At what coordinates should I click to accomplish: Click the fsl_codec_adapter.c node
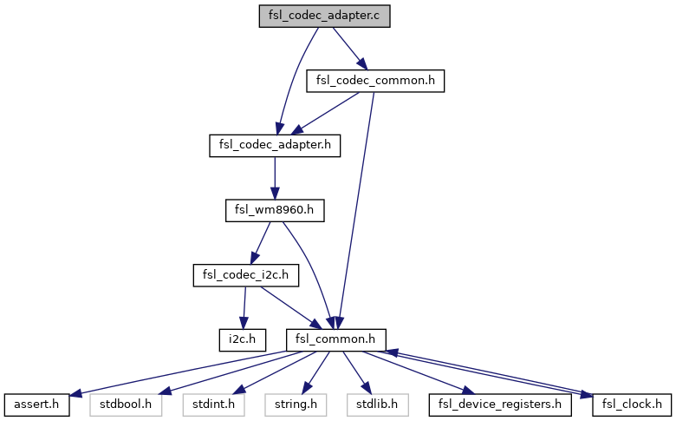tap(324, 16)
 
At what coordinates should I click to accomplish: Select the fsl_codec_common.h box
tap(375, 81)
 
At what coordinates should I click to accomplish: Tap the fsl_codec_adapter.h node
tap(274, 145)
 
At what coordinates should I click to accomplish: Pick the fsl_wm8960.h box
tap(274, 210)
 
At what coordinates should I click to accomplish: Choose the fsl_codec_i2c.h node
tap(245, 275)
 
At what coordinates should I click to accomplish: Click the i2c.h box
tap(240, 339)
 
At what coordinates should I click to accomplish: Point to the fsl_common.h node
tap(335, 339)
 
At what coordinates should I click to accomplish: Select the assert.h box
tap(36, 404)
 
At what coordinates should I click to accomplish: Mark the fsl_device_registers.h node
tap(499, 404)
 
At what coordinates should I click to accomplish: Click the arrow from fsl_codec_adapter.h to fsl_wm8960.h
tap(274, 178)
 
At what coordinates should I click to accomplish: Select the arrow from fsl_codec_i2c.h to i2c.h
tap(243, 307)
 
